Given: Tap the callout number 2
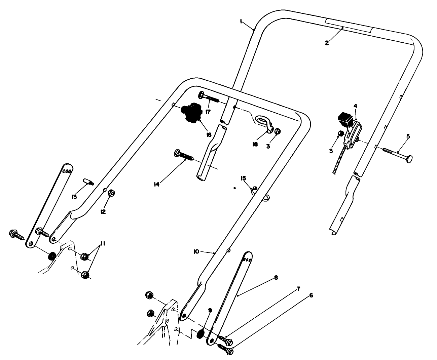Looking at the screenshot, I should click(x=327, y=43).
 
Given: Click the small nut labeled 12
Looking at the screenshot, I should click(x=112, y=193).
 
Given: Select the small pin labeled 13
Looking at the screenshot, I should click(x=88, y=182).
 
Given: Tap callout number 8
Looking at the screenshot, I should click(x=276, y=278).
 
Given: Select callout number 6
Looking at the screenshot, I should click(x=311, y=295).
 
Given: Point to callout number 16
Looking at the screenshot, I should click(x=209, y=134).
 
